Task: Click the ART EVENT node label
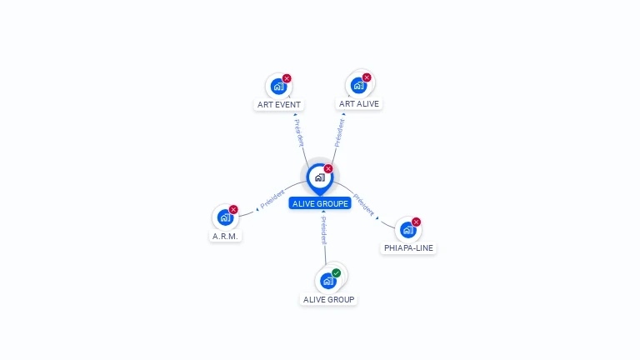[279, 105]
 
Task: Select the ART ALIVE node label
[359, 104]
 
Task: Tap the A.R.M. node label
[225, 236]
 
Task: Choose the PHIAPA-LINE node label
[408, 247]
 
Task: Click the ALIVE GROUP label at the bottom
[328, 299]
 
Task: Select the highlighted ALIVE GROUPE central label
[320, 203]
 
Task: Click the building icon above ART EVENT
[278, 86]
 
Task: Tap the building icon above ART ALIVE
[358, 85]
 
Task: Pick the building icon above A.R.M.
[224, 217]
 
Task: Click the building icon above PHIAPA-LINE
[407, 229]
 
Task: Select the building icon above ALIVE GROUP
[327, 281]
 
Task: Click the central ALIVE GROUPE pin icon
[319, 177]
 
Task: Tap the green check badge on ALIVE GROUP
[337, 272]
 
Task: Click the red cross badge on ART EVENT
[287, 78]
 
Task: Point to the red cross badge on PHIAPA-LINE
[416, 222]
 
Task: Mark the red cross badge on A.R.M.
[233, 209]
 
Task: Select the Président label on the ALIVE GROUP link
[323, 229]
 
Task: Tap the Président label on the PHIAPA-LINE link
[363, 204]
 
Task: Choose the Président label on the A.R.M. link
[272, 199]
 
